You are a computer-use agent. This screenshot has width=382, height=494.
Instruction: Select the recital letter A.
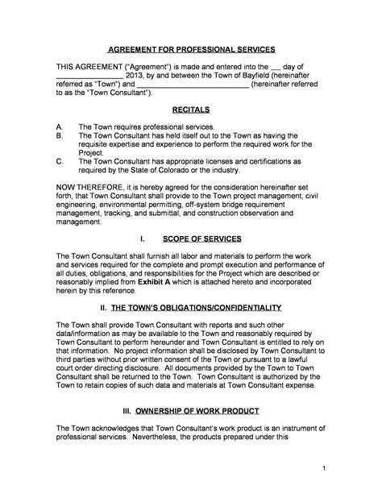(x=59, y=127)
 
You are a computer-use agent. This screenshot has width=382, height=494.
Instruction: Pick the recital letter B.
(x=59, y=137)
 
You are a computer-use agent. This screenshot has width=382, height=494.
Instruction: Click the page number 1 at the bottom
(x=323, y=467)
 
